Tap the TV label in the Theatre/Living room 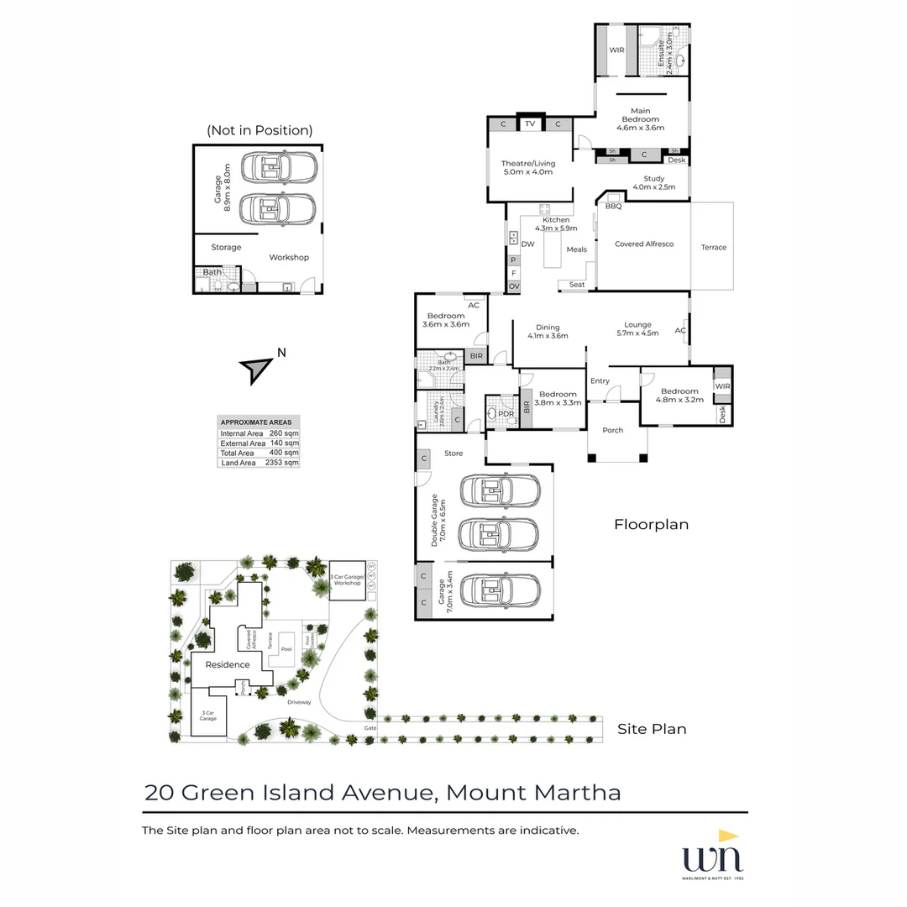point(530,124)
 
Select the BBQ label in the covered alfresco point(613,206)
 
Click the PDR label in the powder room point(506,414)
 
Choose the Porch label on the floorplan point(613,431)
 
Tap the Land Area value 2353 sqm point(284,463)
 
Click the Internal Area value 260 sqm point(284,433)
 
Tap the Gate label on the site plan point(370,727)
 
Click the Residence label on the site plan point(228,665)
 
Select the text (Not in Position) point(259,130)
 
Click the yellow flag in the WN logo point(727,837)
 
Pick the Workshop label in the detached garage point(289,258)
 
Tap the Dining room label point(548,328)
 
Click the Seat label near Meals point(577,285)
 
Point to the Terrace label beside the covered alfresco point(713,248)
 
